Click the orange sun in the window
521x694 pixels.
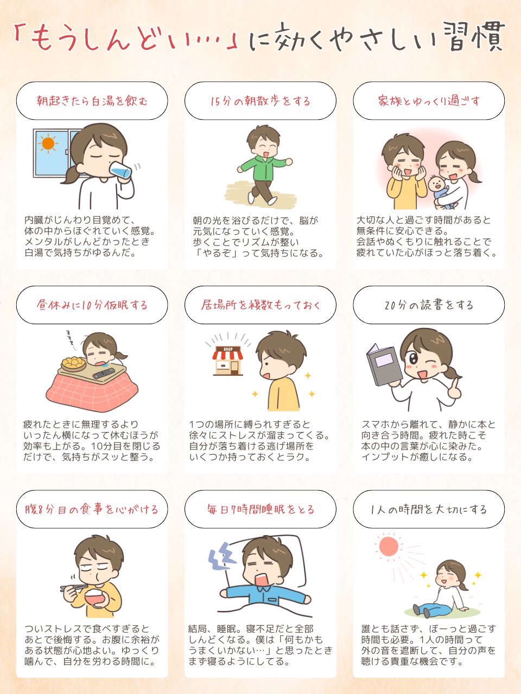point(48,143)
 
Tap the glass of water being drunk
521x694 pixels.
point(120,171)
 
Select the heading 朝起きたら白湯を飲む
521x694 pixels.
point(92,101)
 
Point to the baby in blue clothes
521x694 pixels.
point(441,191)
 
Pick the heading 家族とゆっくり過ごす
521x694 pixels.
point(429,101)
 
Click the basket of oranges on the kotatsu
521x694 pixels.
point(73,364)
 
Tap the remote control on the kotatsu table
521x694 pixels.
point(104,374)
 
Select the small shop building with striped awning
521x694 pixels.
point(228,361)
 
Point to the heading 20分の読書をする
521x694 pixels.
point(429,305)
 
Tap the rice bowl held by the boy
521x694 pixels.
point(97,596)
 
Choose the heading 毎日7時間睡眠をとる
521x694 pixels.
point(260,509)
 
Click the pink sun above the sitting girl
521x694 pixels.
point(389,546)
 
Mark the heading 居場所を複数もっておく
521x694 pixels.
point(260,305)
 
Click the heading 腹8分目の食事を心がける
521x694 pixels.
point(92,509)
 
